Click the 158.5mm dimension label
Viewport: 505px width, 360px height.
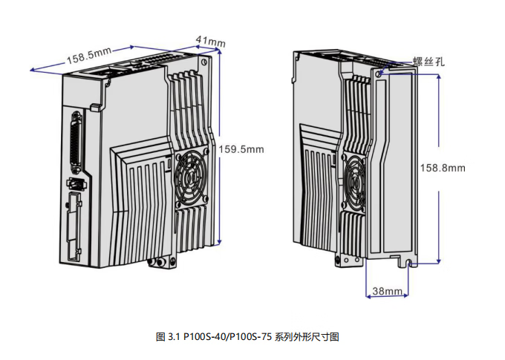coord(89,56)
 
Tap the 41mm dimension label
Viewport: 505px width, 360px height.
coord(211,42)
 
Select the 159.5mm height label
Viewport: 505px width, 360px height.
coord(241,149)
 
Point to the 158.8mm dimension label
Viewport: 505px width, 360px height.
coord(443,168)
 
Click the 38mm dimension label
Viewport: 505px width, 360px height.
coord(388,291)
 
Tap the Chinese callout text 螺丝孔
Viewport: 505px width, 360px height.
coord(429,61)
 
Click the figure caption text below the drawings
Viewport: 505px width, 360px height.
coord(247,337)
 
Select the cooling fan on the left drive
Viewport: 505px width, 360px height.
coord(192,179)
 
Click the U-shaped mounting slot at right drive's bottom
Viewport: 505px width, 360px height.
coord(409,264)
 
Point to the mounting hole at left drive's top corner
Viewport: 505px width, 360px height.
coord(203,62)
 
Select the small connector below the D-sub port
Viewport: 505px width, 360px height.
coord(77,184)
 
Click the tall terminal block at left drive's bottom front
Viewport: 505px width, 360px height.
coord(74,226)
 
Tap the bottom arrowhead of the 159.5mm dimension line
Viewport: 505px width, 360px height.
coord(219,242)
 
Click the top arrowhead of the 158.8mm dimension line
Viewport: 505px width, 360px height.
coord(439,76)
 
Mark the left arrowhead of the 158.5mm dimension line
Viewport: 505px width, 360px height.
coord(32,70)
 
